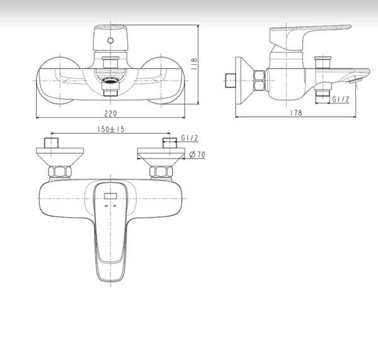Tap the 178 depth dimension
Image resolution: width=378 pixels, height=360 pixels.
pyautogui.click(x=297, y=113)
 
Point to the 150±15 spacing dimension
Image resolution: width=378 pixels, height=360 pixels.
pyautogui.click(x=110, y=129)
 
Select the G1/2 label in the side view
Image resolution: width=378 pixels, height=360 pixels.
pyautogui.click(x=341, y=99)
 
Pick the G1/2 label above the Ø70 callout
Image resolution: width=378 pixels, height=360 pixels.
pyautogui.click(x=189, y=138)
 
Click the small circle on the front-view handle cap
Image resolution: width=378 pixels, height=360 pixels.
pyautogui.click(x=110, y=40)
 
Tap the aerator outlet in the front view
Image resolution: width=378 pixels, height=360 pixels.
pyautogui.click(x=110, y=81)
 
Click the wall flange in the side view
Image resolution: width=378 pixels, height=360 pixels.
pyautogui.click(x=243, y=80)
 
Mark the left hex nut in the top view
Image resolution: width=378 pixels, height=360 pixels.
pyautogui.click(x=60, y=171)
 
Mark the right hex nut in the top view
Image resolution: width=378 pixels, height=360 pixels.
pyautogui.click(x=159, y=171)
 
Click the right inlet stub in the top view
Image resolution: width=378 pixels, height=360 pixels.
pyautogui.click(x=168, y=142)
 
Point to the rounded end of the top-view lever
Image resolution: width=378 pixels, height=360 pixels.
pyautogui.click(x=110, y=274)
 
